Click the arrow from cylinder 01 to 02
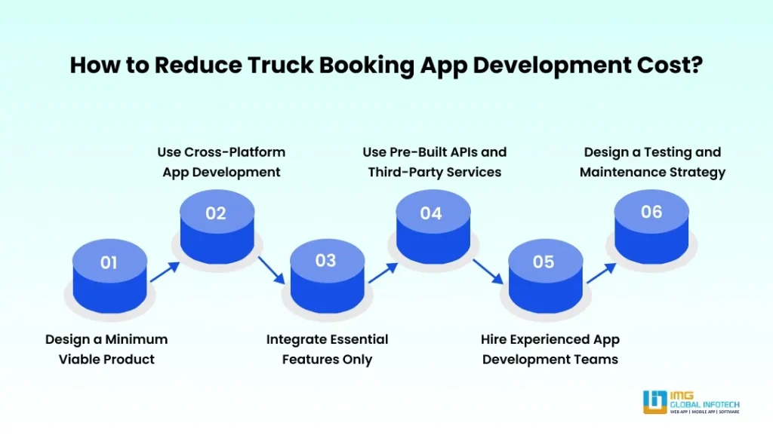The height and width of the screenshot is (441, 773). [165, 271]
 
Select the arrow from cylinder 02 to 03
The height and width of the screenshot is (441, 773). [271, 270]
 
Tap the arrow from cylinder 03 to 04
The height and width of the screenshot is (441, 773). [383, 271]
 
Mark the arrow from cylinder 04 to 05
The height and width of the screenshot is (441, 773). [488, 270]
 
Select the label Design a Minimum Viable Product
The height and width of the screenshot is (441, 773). [106, 349]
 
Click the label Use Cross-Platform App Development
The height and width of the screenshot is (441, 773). [221, 162]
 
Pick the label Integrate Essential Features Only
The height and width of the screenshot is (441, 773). [327, 349]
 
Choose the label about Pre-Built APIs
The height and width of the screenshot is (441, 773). [434, 162]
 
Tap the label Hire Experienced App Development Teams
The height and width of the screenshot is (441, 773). [550, 349]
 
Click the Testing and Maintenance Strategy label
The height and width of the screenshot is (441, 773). [652, 162]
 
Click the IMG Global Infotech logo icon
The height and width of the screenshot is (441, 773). [654, 402]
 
